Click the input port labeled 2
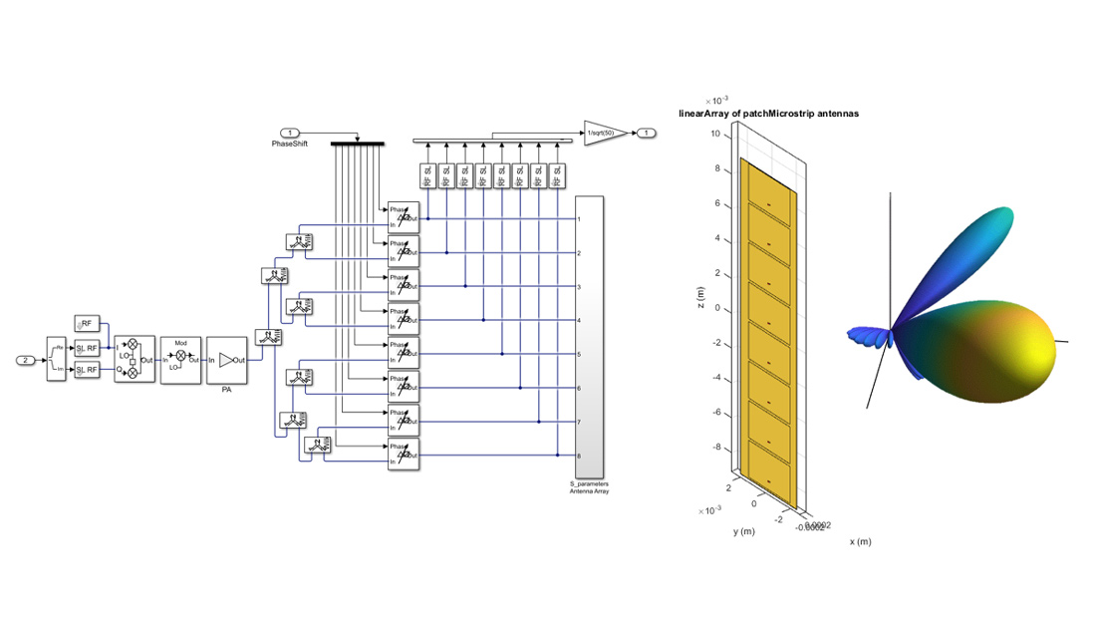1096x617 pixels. point(26,359)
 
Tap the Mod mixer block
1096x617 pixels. point(180,359)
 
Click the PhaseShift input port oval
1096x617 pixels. point(290,133)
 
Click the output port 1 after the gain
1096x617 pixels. point(648,133)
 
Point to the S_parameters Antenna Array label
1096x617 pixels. point(588,487)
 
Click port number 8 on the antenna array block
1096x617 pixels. point(579,457)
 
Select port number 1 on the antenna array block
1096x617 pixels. point(579,218)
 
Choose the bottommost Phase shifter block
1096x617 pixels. point(405,455)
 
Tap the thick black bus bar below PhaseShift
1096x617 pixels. point(357,144)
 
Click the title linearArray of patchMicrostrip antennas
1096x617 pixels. point(768,114)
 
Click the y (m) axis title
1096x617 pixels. point(744,531)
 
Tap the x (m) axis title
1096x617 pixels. point(860,542)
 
